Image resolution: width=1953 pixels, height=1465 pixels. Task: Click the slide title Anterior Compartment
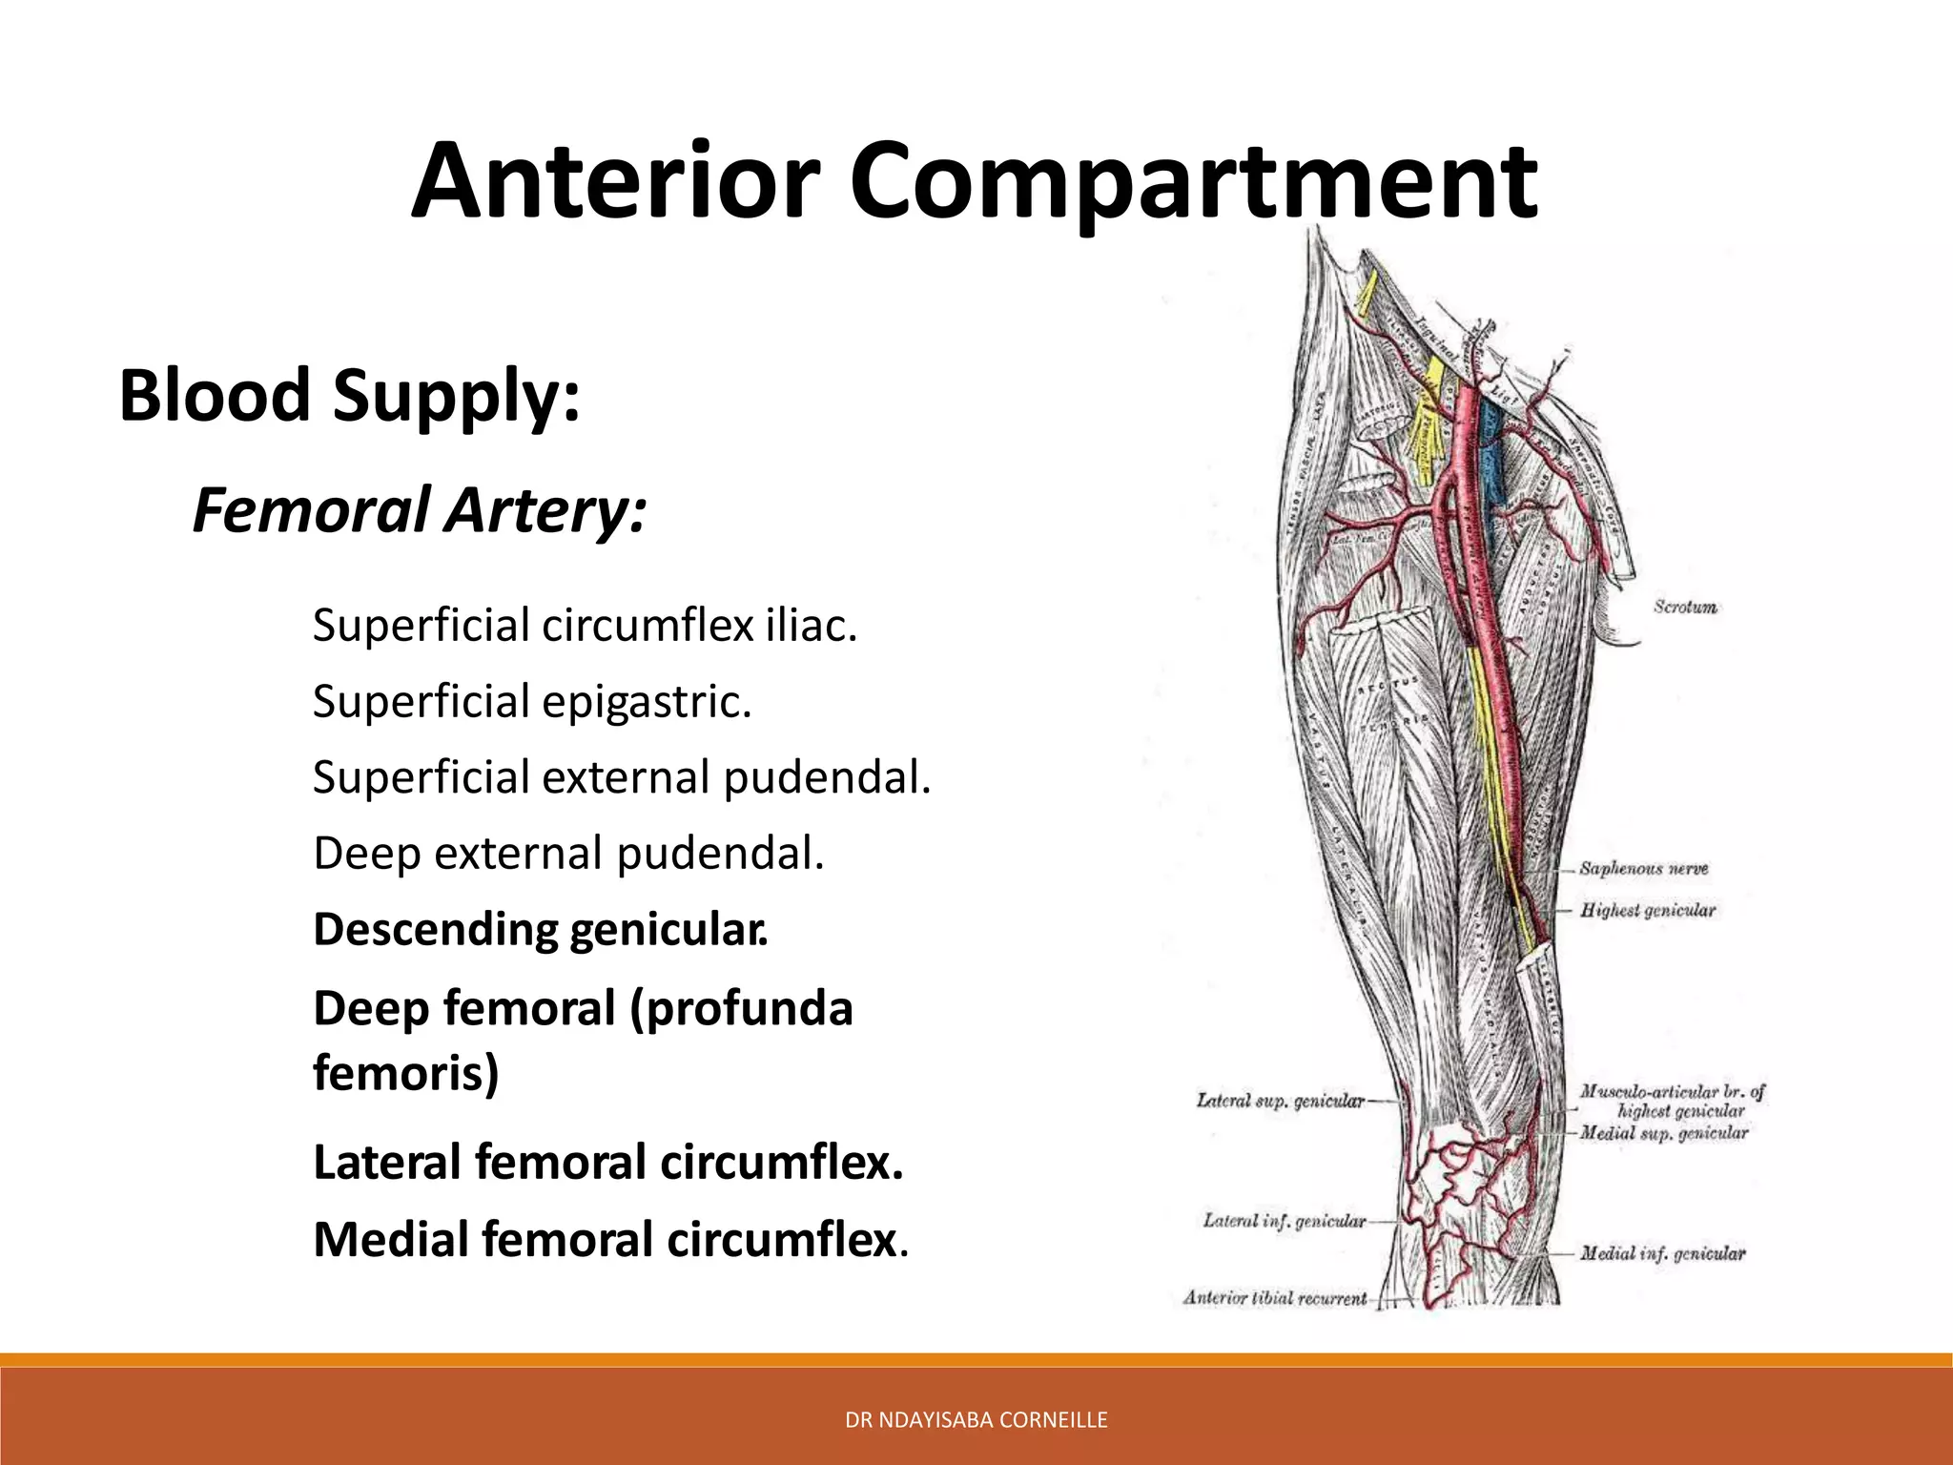coord(974,181)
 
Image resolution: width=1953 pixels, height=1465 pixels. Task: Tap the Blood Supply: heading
coord(349,395)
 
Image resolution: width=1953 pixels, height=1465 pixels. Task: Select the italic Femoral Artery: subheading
coord(420,510)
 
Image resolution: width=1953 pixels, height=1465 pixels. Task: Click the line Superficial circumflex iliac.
coord(585,626)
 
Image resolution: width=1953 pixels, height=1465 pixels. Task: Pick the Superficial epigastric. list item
coord(532,702)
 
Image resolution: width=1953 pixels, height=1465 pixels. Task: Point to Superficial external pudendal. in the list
coord(621,777)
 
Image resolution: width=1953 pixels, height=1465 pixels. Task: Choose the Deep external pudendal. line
coord(567,853)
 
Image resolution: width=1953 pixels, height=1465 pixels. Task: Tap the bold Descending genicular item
coord(540,929)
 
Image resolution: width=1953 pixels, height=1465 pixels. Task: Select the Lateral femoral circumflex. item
coord(607,1163)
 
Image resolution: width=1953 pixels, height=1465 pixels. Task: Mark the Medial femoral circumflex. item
coord(610,1240)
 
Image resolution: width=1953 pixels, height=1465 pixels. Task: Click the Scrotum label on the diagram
coord(1685,607)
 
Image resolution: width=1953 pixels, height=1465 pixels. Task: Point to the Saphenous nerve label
coord(1643,869)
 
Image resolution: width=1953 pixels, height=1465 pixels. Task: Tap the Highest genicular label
coord(1647,911)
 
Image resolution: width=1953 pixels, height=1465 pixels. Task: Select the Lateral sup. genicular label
coord(1280,1101)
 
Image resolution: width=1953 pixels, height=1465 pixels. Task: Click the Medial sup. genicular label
coord(1663,1133)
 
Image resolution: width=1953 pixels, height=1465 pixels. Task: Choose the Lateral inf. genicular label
coord(1284,1221)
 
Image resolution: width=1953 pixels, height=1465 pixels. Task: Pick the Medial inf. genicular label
coord(1662,1253)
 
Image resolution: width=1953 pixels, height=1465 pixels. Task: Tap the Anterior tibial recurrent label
coord(1274,1297)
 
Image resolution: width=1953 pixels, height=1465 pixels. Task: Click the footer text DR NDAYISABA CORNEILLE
coord(976,1420)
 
